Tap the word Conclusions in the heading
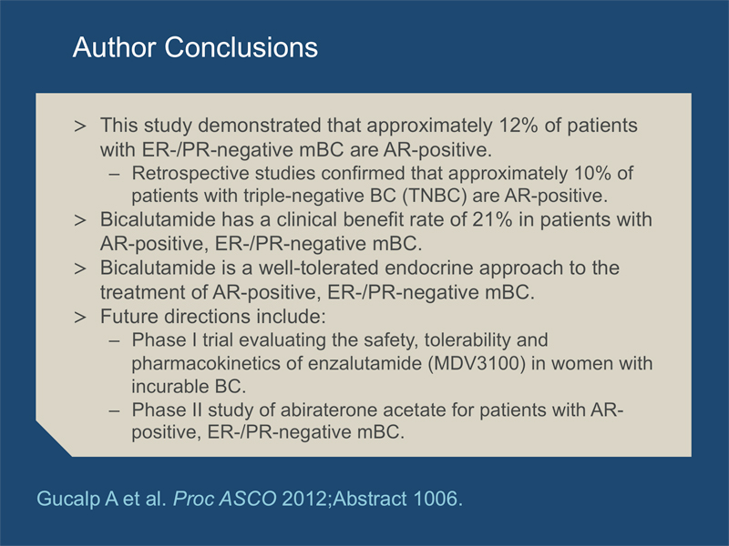(241, 47)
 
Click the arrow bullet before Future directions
(80, 317)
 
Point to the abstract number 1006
(437, 499)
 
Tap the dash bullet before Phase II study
(115, 411)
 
